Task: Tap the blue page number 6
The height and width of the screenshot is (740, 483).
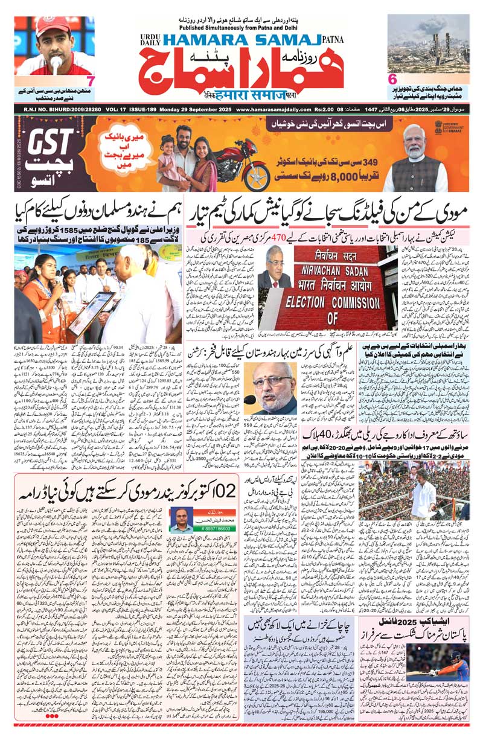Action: click(392, 78)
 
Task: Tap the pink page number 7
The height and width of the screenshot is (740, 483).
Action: click(90, 80)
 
